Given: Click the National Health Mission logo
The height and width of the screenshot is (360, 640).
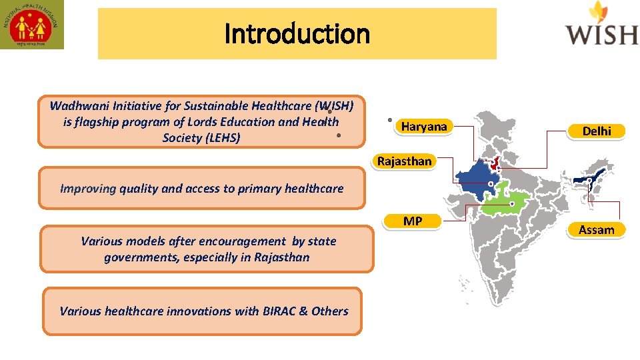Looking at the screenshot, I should click(32, 25).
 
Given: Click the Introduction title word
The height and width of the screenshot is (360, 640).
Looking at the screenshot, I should click(297, 33).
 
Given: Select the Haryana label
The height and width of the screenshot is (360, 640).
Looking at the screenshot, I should click(424, 127).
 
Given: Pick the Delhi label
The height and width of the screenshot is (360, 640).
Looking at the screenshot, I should click(596, 131).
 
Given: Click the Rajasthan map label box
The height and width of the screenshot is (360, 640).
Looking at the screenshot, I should click(404, 161).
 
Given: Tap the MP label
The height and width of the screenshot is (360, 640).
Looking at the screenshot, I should click(413, 221).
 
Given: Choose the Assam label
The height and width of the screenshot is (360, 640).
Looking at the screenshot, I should click(596, 230).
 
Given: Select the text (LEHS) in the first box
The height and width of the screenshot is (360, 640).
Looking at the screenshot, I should click(220, 138).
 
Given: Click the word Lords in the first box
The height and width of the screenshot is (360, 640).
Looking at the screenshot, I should click(189, 122).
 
